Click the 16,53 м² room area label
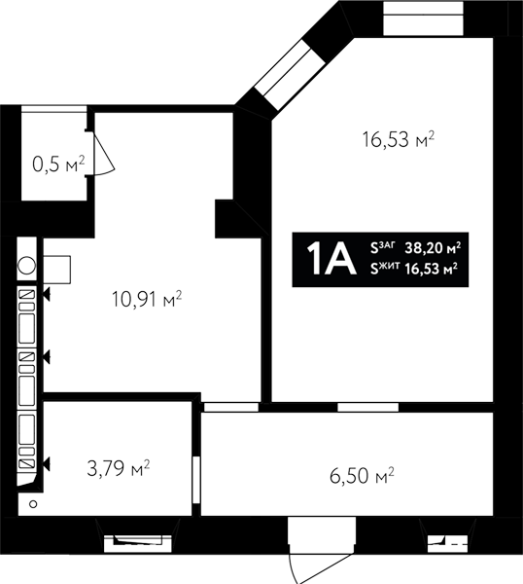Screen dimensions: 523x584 [399, 139]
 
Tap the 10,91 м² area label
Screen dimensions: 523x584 [147, 300]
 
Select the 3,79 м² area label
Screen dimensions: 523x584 [119, 468]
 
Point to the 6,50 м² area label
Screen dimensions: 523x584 [362, 476]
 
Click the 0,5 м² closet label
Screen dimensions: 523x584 [58, 164]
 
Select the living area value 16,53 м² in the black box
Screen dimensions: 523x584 [432, 269]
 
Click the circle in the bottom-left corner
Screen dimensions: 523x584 [33, 504]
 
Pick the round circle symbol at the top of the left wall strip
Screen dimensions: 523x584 [27, 266]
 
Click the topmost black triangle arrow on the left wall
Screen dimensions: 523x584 [47, 295]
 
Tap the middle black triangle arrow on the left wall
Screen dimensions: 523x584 [47, 358]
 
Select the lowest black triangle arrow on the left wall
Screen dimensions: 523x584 [47, 464]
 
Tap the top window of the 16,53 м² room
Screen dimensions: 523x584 [423, 18]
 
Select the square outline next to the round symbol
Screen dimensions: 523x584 [57, 270]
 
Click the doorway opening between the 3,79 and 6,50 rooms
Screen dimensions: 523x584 [196, 480]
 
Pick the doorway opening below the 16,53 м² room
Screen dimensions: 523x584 [367, 407]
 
